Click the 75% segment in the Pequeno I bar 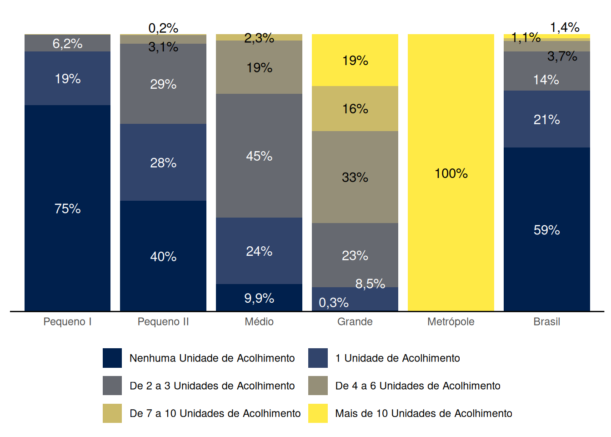pyautogui.click(x=67, y=208)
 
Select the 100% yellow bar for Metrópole pyautogui.click(x=451, y=173)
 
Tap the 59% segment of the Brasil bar pyautogui.click(x=546, y=229)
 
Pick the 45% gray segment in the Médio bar pyautogui.click(x=259, y=156)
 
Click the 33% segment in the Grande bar pyautogui.click(x=355, y=177)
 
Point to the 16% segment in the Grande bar pyautogui.click(x=355, y=108)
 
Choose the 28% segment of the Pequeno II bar pyautogui.click(x=163, y=163)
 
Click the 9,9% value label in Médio pyautogui.click(x=259, y=298)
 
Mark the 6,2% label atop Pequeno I pyautogui.click(x=67, y=44)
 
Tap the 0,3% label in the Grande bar pyautogui.click(x=334, y=302)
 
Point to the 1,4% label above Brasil pyautogui.click(x=565, y=27)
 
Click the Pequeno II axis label pyautogui.click(x=163, y=322)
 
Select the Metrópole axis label pyautogui.click(x=451, y=322)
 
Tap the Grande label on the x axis pyautogui.click(x=355, y=322)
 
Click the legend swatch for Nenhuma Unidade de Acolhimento pyautogui.click(x=112, y=358)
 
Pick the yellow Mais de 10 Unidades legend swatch pyautogui.click(x=318, y=413)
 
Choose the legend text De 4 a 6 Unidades pyautogui.click(x=417, y=386)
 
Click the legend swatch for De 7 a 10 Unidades pyautogui.click(x=112, y=413)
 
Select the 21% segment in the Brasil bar pyautogui.click(x=546, y=119)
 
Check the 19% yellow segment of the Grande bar pyautogui.click(x=355, y=60)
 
